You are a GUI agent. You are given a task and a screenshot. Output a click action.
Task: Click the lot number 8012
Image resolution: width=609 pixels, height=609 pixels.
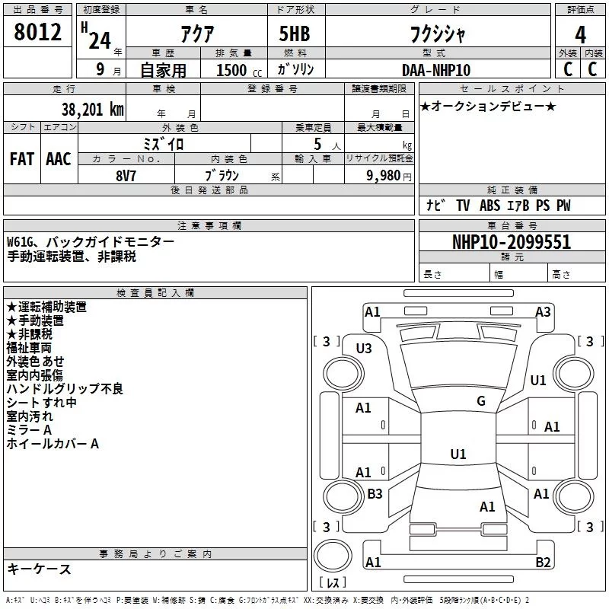[x=38, y=32]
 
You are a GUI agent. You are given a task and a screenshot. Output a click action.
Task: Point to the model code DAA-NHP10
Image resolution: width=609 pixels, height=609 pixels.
[x=436, y=70]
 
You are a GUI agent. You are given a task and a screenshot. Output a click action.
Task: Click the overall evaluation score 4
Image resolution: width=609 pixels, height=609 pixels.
[x=581, y=34]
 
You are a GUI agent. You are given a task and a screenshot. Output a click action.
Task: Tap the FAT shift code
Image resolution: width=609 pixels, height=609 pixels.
[x=21, y=159]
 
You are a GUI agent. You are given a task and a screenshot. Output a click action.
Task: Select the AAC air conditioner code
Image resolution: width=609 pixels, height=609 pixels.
[x=59, y=159]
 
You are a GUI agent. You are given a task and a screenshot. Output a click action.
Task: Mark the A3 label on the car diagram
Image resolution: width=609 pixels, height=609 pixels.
[x=543, y=311]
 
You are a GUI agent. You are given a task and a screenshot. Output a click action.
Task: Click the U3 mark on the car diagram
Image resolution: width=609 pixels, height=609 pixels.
[x=364, y=348]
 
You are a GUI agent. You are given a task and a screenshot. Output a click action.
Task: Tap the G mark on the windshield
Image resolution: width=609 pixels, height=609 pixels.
[x=480, y=401]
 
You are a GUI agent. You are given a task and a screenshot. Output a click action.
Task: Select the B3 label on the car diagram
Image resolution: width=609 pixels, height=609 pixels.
[x=375, y=494]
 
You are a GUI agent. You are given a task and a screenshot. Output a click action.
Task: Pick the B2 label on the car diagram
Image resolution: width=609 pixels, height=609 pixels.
[x=543, y=563]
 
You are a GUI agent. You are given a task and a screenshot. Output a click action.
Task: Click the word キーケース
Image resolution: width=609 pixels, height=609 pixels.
[x=39, y=569]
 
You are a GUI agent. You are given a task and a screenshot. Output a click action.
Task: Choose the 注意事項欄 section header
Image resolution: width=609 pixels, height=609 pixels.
[x=209, y=226]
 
